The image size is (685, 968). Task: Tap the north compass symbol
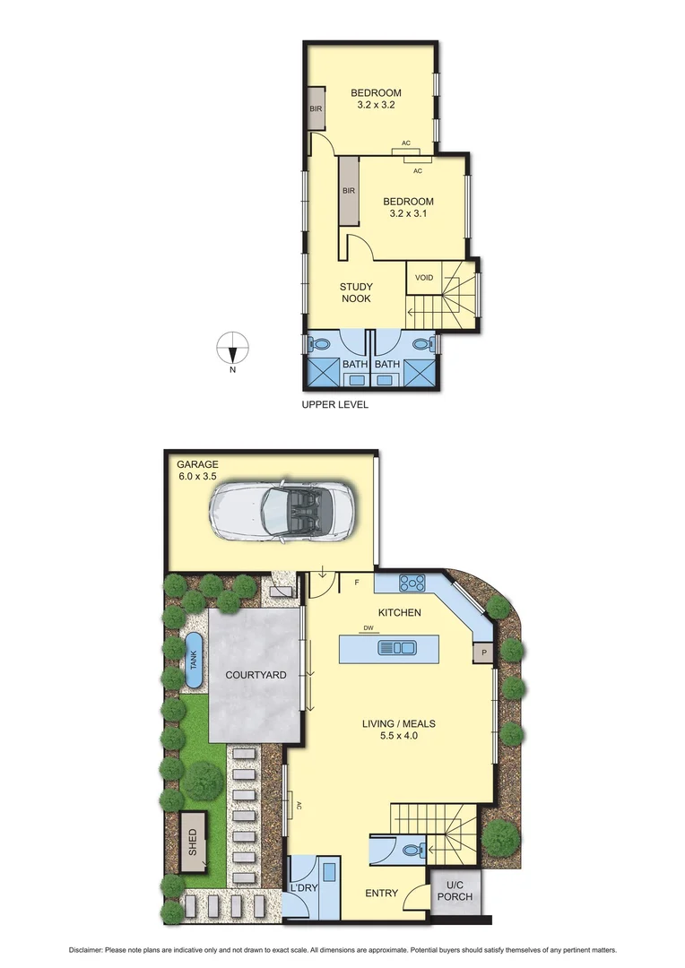click(232, 346)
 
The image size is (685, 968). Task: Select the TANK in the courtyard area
click(193, 661)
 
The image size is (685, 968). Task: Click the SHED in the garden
click(191, 843)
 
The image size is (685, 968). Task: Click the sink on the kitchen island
click(398, 647)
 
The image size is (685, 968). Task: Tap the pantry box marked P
click(484, 653)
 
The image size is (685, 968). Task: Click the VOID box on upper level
click(424, 278)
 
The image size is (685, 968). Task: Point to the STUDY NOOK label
click(356, 293)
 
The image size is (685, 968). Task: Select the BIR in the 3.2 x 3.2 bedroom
click(316, 108)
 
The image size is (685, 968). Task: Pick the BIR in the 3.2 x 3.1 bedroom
click(349, 191)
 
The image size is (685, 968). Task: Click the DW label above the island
click(367, 628)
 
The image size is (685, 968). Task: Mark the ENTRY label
click(381, 894)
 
